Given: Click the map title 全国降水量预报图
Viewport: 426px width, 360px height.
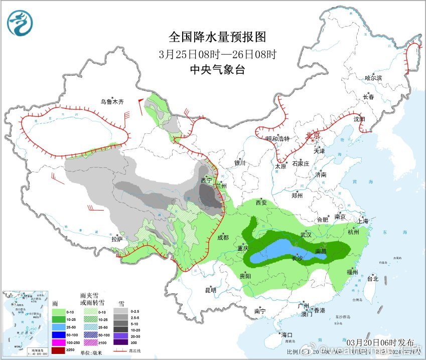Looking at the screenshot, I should pyautogui.click(x=217, y=37).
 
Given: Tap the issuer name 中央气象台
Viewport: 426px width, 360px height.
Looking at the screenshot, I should pyautogui.click(x=217, y=70).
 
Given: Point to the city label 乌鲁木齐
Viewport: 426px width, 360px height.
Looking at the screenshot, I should pyautogui.click(x=111, y=102).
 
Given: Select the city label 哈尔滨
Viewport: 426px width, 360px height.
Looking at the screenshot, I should pyautogui.click(x=373, y=78).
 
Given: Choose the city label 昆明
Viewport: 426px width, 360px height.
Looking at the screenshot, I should pyautogui.click(x=210, y=290).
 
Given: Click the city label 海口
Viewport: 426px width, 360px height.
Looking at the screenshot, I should pyautogui.click(x=287, y=335).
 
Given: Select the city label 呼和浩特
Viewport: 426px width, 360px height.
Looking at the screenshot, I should pyautogui.click(x=278, y=139).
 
